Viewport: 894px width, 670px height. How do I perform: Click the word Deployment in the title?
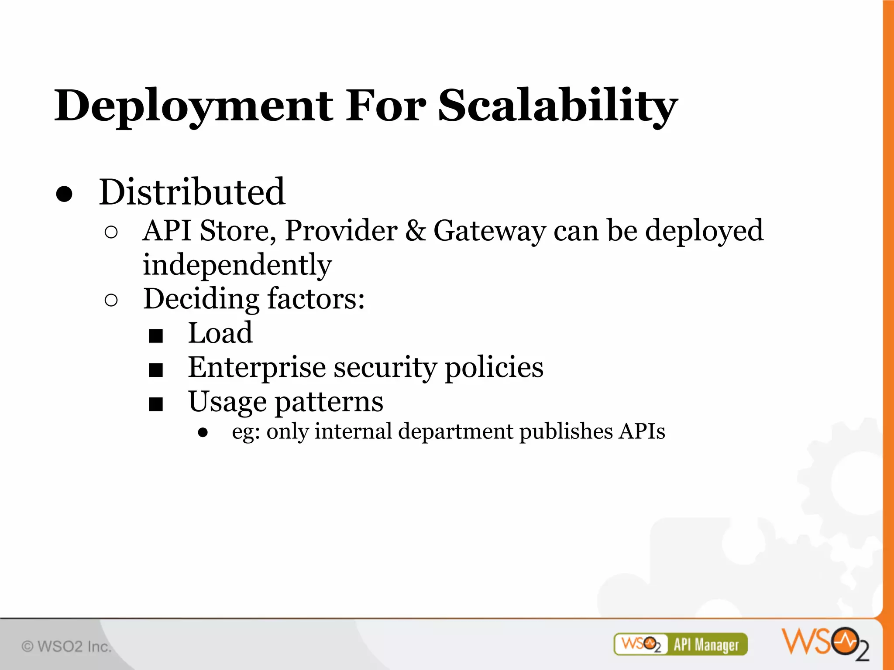[x=194, y=106]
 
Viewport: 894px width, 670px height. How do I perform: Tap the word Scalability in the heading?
[x=557, y=106]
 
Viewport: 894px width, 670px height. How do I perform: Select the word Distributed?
[x=192, y=192]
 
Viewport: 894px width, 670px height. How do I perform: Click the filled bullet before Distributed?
[x=64, y=195]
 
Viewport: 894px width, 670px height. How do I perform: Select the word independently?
[x=237, y=265]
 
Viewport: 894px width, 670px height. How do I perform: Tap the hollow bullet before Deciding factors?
[x=111, y=301]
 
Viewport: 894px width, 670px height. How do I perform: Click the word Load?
[x=220, y=333]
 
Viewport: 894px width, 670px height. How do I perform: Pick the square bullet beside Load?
[x=155, y=336]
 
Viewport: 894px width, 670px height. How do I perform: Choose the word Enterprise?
[x=257, y=367]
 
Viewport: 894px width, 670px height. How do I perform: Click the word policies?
[x=494, y=367]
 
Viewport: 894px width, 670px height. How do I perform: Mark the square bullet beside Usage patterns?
[x=155, y=404]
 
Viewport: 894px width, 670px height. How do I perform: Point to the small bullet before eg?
[x=203, y=433]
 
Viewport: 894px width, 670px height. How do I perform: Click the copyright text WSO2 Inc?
[x=66, y=646]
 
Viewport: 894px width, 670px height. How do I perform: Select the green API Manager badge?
[x=680, y=644]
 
